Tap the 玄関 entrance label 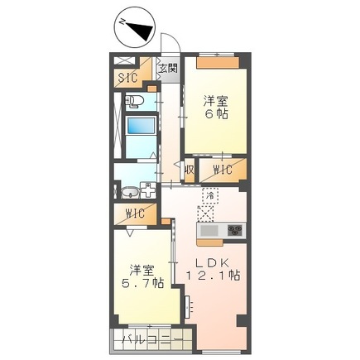point(167,69)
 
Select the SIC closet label point(127,79)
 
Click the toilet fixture point(135,103)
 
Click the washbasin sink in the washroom point(128,193)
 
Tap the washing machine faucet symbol point(148,190)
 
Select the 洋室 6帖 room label point(217,108)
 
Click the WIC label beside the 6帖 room point(223,170)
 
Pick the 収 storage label point(190,170)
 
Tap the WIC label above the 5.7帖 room point(135,214)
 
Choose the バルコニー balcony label point(147,339)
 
